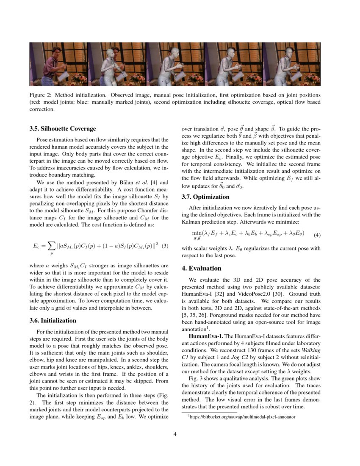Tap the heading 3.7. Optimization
[205, 197]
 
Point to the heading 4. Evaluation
[202, 268]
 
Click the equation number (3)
[166, 246]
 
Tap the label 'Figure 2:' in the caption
[41, 95]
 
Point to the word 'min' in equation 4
[197, 233]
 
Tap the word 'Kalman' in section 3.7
[191, 222]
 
